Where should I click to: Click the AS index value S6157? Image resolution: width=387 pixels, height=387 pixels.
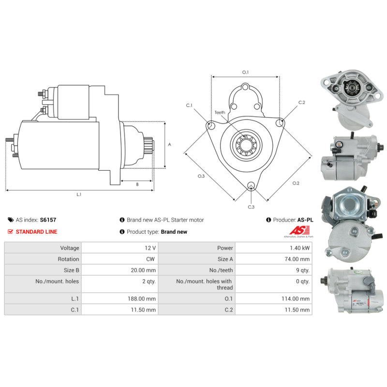coord(48,220)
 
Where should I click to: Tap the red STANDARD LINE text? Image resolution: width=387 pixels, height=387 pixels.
coord(36,232)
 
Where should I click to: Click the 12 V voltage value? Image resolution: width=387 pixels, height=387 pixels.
coord(150,248)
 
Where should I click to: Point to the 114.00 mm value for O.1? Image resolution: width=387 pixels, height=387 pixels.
coord(296,299)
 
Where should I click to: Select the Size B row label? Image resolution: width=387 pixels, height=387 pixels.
coord(68,270)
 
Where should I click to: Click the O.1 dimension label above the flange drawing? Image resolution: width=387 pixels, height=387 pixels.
coord(245,73)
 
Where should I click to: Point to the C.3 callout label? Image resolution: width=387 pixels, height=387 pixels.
coord(251,207)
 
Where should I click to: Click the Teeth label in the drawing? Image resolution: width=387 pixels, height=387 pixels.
coord(220,113)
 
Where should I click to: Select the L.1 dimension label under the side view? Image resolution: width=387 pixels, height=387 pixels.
coord(79,194)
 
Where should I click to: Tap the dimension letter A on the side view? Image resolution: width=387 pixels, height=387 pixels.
coord(169,145)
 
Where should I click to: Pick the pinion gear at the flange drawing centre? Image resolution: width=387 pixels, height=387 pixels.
coord(246,145)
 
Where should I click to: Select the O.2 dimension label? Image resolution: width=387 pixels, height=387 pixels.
coord(296,183)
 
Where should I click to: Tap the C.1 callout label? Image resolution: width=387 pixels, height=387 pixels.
coord(189,105)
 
